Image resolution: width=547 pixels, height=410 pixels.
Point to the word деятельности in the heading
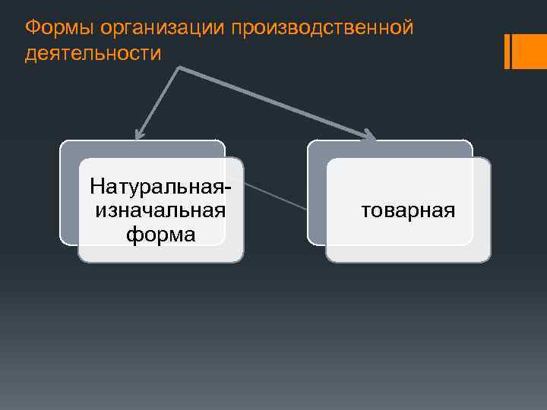tap(93, 55)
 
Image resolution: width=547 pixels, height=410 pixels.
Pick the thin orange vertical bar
tap(507, 52)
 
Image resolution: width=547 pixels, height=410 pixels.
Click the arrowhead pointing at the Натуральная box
tap(138, 136)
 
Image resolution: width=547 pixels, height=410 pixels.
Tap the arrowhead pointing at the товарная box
tap(369, 137)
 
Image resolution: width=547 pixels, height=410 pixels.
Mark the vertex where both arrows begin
tap(179, 68)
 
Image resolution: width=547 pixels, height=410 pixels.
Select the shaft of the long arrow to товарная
tap(273, 102)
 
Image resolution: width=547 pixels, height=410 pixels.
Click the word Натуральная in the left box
tap(157, 185)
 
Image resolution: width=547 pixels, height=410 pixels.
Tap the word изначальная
tap(160, 210)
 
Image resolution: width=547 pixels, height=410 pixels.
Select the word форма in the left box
tap(160, 234)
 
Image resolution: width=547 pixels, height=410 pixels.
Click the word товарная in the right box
tap(409, 210)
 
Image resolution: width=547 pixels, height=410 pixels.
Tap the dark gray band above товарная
tap(389, 149)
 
